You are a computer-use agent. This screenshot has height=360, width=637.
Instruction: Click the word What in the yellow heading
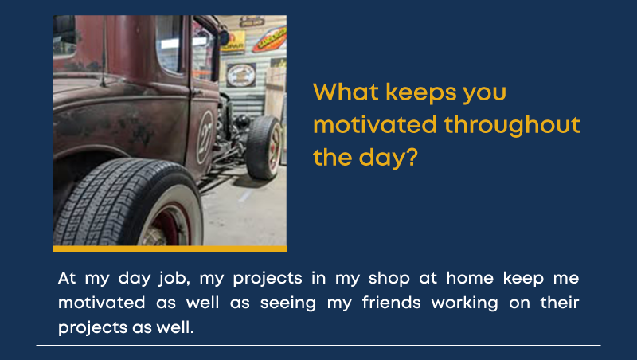pos(346,92)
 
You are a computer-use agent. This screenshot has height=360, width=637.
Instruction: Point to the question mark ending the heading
pos(412,157)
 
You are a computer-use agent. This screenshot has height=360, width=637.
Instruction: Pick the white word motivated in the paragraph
pos(102,303)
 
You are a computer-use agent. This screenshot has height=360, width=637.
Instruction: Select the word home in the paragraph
pos(470,278)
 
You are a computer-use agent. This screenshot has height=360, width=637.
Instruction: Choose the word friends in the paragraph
pos(391,303)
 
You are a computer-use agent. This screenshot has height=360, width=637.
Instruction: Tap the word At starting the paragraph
pos(67,278)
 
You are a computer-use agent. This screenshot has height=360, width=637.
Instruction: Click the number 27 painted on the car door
pos(205,138)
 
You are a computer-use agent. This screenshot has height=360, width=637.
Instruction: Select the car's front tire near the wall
pos(264,147)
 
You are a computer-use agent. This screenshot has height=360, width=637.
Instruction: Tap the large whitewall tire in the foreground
pos(128,203)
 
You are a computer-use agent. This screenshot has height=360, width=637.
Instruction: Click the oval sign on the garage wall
pos(241,76)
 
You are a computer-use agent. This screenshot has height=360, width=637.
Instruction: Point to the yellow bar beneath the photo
pos(170,248)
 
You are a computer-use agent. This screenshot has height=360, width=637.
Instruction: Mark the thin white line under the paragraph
pos(318,346)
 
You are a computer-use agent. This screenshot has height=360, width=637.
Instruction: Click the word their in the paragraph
pos(560,303)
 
